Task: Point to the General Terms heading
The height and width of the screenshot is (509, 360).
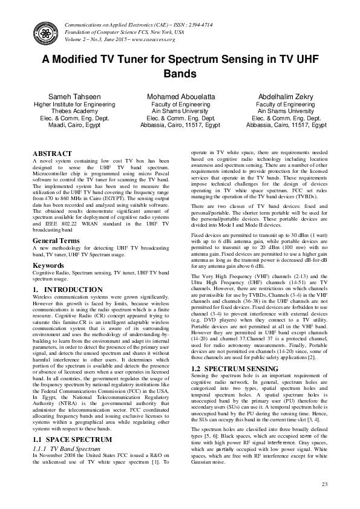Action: pyautogui.click(x=58, y=240)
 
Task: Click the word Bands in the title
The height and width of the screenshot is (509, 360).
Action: pyautogui.click(x=180, y=75)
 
